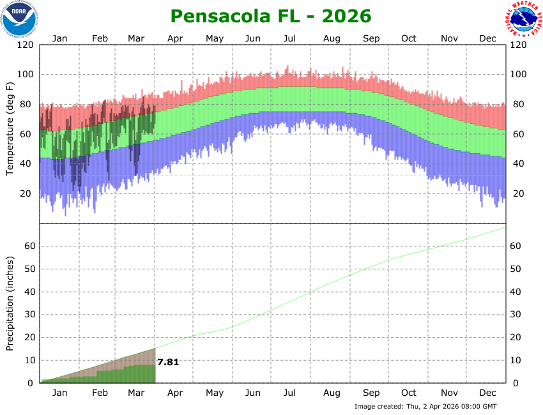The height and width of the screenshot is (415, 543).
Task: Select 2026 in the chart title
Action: [345, 15]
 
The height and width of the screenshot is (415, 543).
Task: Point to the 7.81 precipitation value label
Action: [168, 362]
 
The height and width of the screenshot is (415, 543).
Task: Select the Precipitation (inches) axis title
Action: [10, 303]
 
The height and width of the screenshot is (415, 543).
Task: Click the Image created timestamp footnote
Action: [425, 406]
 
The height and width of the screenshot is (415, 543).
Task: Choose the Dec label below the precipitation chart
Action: [488, 393]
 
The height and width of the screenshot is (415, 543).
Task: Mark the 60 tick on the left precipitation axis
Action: [28, 246]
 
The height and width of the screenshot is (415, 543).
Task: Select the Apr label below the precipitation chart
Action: [175, 393]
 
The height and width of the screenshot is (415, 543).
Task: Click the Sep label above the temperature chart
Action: [371, 38]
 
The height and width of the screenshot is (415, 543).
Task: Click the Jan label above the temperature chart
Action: [59, 38]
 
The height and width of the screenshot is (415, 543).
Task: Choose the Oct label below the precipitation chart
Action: [409, 393]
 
